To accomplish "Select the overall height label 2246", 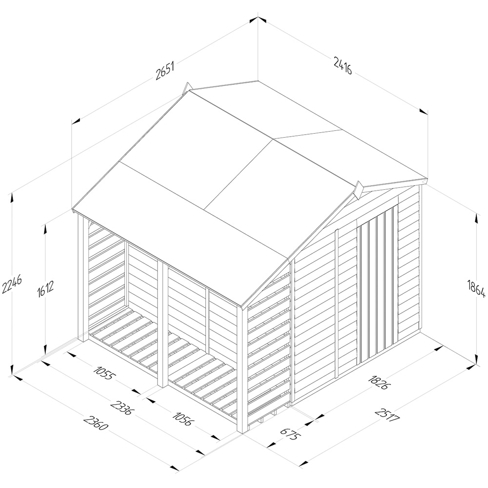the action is [x=8, y=285].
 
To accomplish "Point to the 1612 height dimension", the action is [x=42, y=288].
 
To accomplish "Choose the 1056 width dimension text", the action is [x=184, y=419].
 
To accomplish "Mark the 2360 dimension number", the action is [x=96, y=422].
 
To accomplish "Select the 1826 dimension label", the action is [x=378, y=382].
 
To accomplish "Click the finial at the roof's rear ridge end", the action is [x=187, y=87].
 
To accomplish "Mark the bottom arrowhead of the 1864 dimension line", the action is [x=476, y=359].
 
